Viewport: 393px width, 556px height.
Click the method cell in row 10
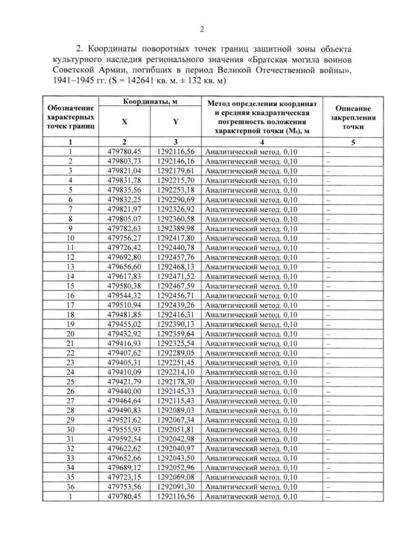tap(251, 238)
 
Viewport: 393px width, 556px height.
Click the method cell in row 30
tap(251, 429)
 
